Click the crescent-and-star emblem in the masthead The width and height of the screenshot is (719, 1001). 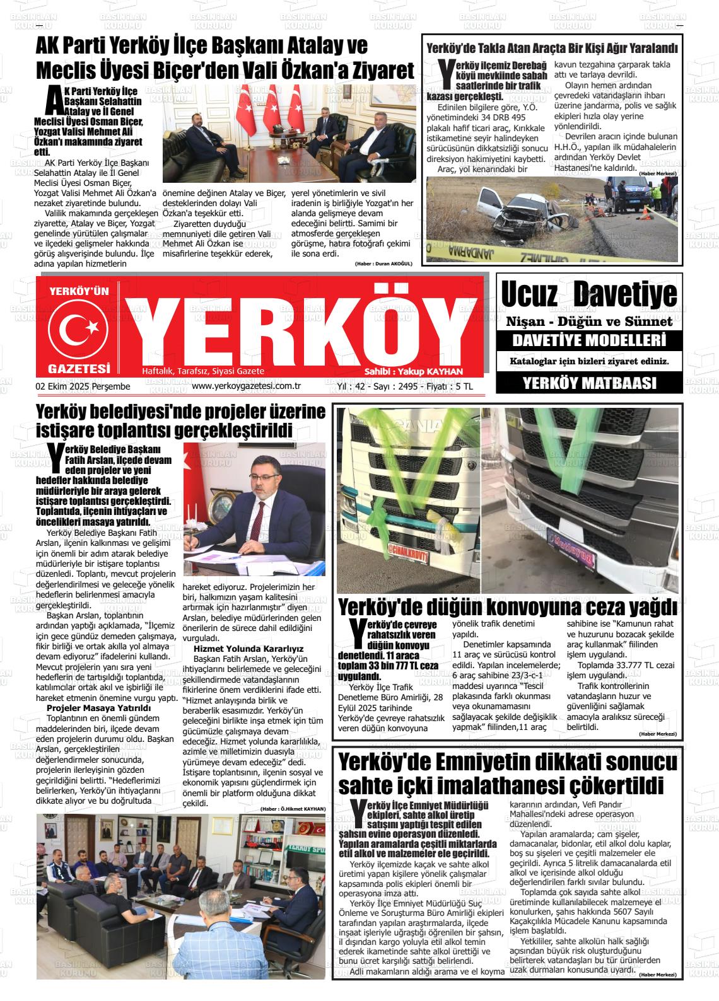pyautogui.click(x=79, y=327)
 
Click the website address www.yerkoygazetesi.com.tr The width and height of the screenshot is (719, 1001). pyautogui.click(x=245, y=386)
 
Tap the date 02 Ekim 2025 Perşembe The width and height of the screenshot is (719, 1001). pyautogui.click(x=83, y=386)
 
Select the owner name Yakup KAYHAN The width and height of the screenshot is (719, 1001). pyautogui.click(x=431, y=371)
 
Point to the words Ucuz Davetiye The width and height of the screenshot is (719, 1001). pyautogui.click(x=589, y=294)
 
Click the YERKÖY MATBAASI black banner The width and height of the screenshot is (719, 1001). pyautogui.click(x=589, y=383)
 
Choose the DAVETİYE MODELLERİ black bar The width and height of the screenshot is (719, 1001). pyautogui.click(x=589, y=342)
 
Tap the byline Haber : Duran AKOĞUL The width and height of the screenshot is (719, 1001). pyautogui.click(x=383, y=263)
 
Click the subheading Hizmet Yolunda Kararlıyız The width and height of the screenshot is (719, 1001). pyautogui.click(x=248, y=648)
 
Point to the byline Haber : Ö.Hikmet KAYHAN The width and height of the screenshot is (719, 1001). pyautogui.click(x=293, y=809)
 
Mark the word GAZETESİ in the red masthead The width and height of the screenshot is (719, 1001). pyautogui.click(x=79, y=368)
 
